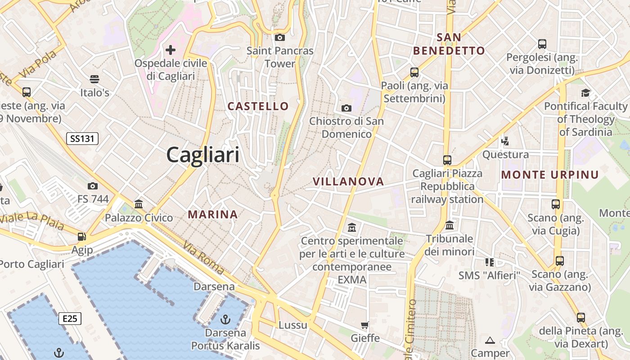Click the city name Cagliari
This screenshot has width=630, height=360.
click(202, 155)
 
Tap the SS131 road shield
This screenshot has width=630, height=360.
click(82, 138)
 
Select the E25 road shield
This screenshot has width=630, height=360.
click(70, 319)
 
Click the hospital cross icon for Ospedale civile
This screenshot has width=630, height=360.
click(171, 49)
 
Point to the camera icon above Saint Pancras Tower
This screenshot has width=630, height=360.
click(280, 37)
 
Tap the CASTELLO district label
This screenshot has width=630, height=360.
click(258, 106)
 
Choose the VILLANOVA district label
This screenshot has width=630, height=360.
click(348, 181)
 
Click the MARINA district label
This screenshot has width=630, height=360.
click(213, 215)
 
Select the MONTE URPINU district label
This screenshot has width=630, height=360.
click(550, 175)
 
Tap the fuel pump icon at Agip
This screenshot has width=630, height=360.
click(82, 236)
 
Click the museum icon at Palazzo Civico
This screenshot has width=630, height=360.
click(139, 204)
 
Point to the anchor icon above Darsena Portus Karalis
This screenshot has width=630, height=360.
click(225, 319)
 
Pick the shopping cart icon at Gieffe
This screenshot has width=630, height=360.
click(365, 325)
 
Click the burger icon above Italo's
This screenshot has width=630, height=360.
click(94, 79)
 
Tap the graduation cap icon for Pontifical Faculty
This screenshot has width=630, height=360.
click(585, 93)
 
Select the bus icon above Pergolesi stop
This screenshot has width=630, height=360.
click(542, 44)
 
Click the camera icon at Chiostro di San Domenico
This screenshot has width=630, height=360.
click(346, 108)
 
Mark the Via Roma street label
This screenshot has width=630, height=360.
click(204, 258)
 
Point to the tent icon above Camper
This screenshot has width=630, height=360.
click(490, 340)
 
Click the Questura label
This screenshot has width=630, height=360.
click(505, 155)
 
